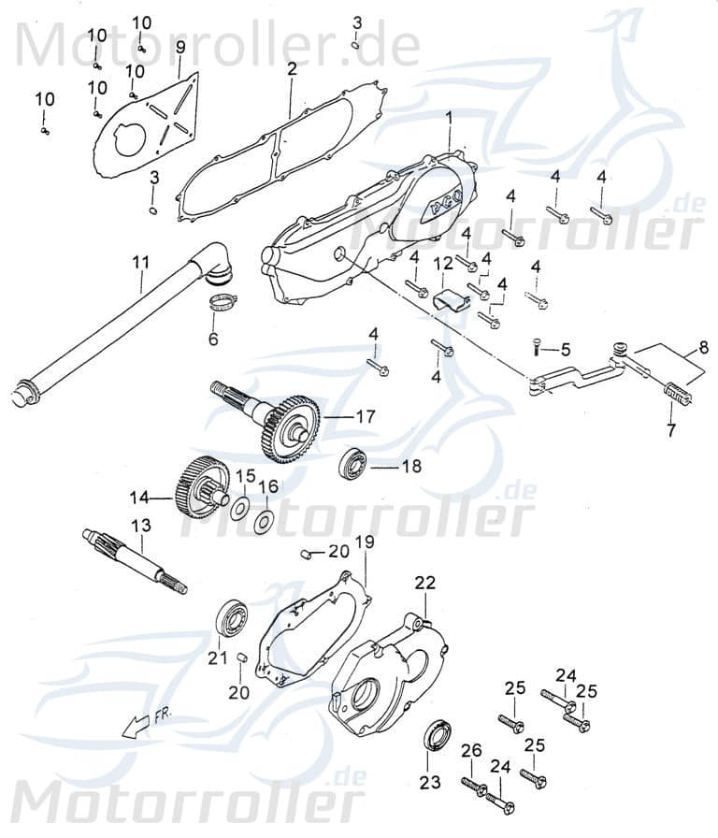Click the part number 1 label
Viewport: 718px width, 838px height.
pos(449,118)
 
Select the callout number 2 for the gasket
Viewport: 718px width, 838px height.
pos(292,69)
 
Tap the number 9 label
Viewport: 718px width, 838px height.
pos(179,46)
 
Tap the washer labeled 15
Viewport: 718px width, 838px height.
pos(240,508)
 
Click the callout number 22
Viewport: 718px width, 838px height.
pos(425,583)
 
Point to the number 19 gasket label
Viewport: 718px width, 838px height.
pos(365,542)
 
